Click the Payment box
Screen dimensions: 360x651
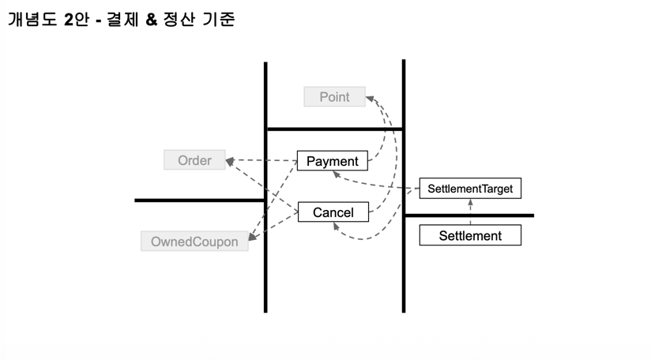pos(332,161)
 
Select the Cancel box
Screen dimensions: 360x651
pos(333,212)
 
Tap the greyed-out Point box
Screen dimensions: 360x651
pos(334,97)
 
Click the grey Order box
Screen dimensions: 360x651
pos(194,160)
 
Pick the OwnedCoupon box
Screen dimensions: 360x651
pos(194,242)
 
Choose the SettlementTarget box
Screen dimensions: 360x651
pos(470,189)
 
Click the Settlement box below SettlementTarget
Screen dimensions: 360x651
pos(470,235)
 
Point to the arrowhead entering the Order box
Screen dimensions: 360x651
pos(229,162)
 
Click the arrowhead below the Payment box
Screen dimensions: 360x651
pos(336,175)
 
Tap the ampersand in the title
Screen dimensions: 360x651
pos(151,20)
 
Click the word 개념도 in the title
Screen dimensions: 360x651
pos(33,20)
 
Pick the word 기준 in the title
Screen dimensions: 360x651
pos(221,20)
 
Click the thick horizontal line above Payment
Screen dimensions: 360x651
pos(334,129)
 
